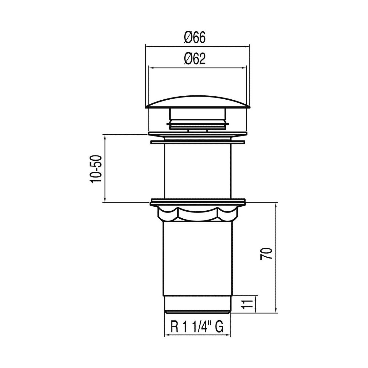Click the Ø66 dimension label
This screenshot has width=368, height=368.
pos(195,37)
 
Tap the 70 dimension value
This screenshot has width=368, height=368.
pos(266,253)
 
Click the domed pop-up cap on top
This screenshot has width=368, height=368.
pos(197,102)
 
